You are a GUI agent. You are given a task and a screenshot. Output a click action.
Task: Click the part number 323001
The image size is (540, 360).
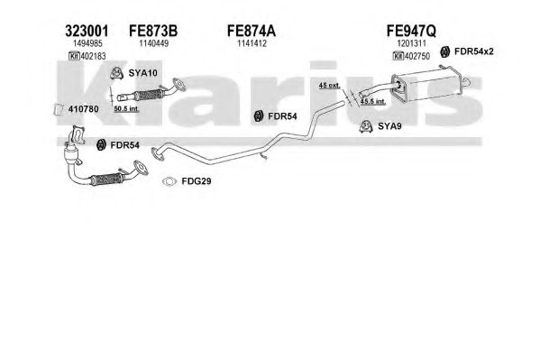[x=87, y=31]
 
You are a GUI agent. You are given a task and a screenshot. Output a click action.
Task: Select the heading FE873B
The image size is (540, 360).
[x=153, y=31]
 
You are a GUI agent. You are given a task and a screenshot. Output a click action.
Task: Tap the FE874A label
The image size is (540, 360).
[x=251, y=31]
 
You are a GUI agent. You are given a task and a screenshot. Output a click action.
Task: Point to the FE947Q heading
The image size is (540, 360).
[x=411, y=31]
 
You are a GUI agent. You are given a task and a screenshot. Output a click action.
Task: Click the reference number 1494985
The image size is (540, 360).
[x=87, y=43]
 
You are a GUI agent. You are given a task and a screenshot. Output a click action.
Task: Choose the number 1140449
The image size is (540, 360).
[x=153, y=43]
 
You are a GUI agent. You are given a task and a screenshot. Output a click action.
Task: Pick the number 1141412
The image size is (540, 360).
[x=252, y=43]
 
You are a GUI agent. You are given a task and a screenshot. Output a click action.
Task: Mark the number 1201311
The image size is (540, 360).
[x=412, y=43]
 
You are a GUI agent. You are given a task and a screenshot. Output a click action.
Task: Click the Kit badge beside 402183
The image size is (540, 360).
[x=74, y=56]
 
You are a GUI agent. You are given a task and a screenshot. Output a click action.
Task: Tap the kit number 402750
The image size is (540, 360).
[x=417, y=56]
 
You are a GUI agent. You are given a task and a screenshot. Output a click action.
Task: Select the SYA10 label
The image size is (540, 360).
[x=142, y=73]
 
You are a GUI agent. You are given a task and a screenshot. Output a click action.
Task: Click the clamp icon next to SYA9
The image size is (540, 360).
[x=366, y=126]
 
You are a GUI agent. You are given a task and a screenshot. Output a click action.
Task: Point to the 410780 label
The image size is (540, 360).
[x=83, y=109]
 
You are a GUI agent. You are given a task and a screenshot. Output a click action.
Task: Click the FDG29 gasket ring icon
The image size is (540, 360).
[x=169, y=181]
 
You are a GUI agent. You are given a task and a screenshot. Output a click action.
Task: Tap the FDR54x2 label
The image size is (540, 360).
[x=474, y=51]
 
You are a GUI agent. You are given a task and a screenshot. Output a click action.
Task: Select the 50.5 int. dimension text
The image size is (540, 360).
[x=126, y=109]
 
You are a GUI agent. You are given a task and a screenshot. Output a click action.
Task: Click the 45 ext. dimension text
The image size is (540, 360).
[x=329, y=85]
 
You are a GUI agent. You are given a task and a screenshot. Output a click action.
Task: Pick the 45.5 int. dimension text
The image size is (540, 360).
[x=372, y=101]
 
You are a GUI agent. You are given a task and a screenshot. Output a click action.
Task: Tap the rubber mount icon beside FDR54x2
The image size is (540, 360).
[x=445, y=51]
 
